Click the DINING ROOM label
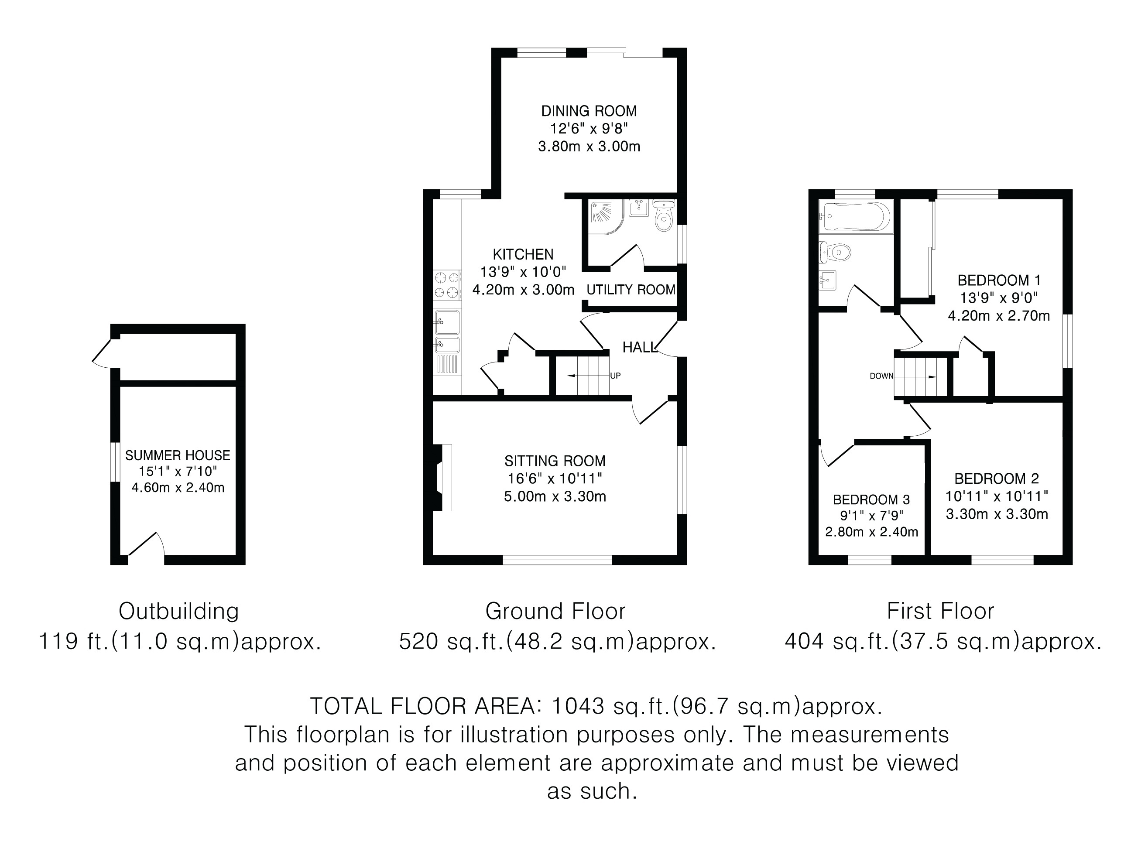pyautogui.click(x=589, y=111)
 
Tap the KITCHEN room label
pyautogui.click(x=523, y=254)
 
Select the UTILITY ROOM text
pyautogui.click(x=631, y=290)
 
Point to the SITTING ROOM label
pyautogui.click(x=555, y=461)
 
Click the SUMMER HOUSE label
pyautogui.click(x=178, y=455)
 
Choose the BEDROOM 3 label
pyautogui.click(x=872, y=499)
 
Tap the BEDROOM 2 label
pyautogui.click(x=997, y=479)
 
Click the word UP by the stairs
pyautogui.click(x=616, y=376)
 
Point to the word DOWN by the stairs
pyautogui.click(x=881, y=376)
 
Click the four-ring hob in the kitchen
pyautogui.click(x=447, y=285)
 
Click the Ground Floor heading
pyautogui.click(x=555, y=611)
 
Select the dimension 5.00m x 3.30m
pyautogui.click(x=555, y=496)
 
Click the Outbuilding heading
pyautogui.click(x=179, y=611)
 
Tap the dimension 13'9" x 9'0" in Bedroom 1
pyautogui.click(x=999, y=298)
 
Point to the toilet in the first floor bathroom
pyautogui.click(x=834, y=252)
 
